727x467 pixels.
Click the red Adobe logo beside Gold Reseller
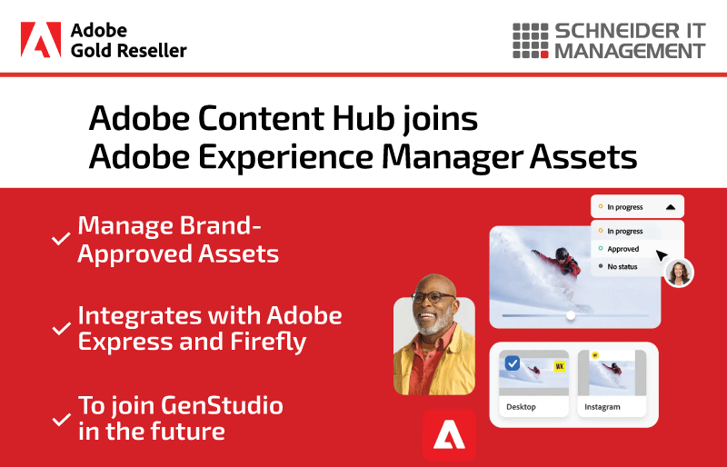[41, 39]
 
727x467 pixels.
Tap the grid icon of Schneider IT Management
[531, 41]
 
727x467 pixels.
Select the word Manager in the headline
[452, 158]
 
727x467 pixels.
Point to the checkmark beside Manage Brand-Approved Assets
[61, 239]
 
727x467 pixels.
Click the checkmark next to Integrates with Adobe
[61, 328]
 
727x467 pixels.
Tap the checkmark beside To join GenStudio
[61, 419]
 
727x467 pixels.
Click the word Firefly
[268, 343]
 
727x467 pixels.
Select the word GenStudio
[222, 405]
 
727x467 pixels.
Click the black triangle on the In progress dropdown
[671, 207]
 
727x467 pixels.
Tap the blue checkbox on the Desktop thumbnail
[513, 363]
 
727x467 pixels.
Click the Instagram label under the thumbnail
[602, 407]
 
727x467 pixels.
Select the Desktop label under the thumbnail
[521, 407]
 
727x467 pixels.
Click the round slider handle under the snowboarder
[571, 315]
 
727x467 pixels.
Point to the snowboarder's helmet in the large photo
[562, 254]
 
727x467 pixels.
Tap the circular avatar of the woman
[679, 273]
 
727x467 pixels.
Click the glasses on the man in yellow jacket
[433, 297]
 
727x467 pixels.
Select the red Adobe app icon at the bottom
[449, 435]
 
